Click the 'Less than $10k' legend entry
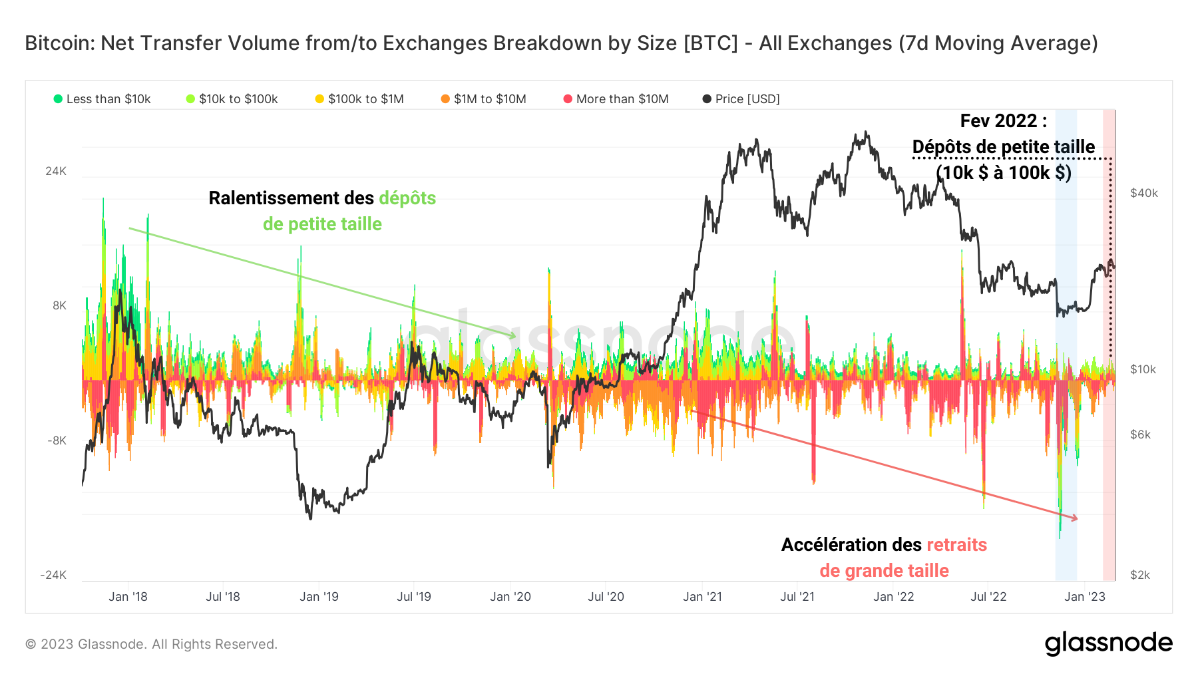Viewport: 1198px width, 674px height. pos(102,99)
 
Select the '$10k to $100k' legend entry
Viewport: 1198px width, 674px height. pos(232,99)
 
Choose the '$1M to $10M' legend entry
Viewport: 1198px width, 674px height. pos(484,99)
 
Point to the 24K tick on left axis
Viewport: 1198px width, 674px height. pos(56,171)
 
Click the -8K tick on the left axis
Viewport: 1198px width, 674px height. pos(57,440)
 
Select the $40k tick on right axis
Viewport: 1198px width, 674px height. pos(1144,193)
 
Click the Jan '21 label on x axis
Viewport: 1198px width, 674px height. pos(702,597)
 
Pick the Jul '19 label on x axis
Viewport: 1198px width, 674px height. pos(414,597)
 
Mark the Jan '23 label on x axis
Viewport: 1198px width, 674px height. pos(1085,597)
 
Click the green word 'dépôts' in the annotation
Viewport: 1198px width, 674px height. pos(407,198)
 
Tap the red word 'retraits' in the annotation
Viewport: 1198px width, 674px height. pos(956,545)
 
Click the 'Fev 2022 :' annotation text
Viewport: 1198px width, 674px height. pos(1003,121)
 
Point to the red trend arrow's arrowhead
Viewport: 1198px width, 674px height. pos(1074,518)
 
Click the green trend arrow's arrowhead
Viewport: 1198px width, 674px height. pos(512,336)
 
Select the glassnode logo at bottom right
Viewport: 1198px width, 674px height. pos(1108,643)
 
